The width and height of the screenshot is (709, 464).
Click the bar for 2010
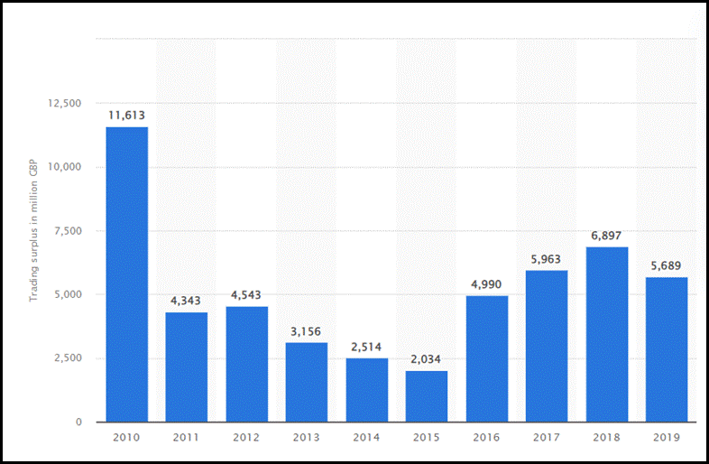(126, 274)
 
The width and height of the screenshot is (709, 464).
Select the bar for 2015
(426, 396)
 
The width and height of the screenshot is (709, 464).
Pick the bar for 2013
(306, 382)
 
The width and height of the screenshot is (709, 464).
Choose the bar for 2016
(486, 358)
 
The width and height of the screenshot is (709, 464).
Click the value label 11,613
(126, 116)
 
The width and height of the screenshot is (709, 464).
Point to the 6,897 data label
(606, 236)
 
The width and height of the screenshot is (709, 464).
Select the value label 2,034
(426, 359)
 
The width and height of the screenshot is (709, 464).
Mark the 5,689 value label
(666, 265)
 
